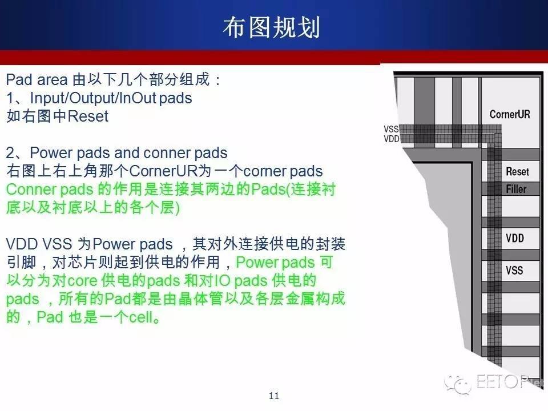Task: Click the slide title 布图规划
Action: click(x=272, y=27)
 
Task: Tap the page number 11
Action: click(x=274, y=396)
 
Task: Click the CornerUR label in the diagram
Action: click(x=510, y=114)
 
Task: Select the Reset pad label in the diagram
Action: click(x=517, y=172)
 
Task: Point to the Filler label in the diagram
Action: click(x=516, y=189)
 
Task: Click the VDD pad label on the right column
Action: click(x=515, y=239)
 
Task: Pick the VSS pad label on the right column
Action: click(x=514, y=270)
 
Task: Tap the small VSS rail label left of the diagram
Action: click(x=391, y=129)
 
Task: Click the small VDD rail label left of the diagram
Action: click(x=392, y=139)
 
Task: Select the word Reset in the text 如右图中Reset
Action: click(x=88, y=116)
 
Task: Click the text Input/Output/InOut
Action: click(x=93, y=98)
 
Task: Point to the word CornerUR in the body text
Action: click(x=163, y=171)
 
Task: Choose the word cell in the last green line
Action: click(x=141, y=317)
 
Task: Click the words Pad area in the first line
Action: click(x=37, y=80)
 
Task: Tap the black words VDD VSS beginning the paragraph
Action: click(x=39, y=244)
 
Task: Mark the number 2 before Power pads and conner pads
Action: click(x=10, y=153)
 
